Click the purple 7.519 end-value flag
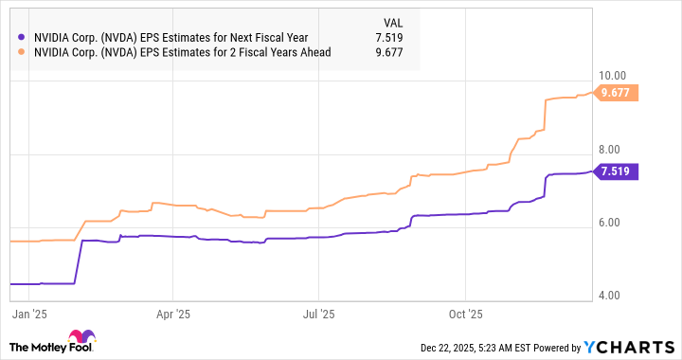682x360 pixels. point(619,171)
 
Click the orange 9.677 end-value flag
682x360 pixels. point(619,93)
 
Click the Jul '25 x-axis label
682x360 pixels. point(318,310)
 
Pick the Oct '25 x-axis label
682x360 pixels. point(465,310)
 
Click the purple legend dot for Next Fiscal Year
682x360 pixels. point(22,38)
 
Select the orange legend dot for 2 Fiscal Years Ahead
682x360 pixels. point(22,52)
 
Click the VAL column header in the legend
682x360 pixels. point(393,21)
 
